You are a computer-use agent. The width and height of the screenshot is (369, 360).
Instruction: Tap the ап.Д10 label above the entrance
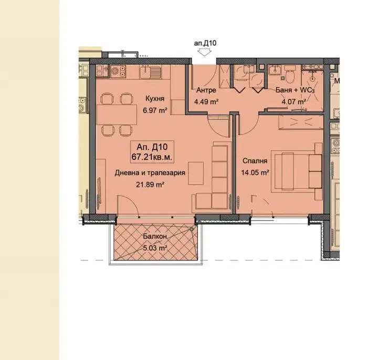pos(205,43)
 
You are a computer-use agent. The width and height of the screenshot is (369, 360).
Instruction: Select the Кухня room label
pos(155,98)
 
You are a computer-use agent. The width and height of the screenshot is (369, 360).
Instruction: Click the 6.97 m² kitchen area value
pos(155,110)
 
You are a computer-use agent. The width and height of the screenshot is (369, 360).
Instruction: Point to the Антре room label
pos(206,90)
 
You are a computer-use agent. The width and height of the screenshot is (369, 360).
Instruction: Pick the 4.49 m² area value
pos(206,102)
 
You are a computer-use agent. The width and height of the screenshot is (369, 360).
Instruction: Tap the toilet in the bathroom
pos(289,75)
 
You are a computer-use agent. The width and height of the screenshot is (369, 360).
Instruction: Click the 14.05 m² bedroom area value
pos(255,173)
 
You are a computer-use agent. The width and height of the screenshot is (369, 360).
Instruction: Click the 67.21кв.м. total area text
pos(152,157)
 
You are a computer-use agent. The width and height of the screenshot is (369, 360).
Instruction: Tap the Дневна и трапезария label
pos(150,173)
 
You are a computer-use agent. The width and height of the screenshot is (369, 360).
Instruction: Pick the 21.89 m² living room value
pos(150,184)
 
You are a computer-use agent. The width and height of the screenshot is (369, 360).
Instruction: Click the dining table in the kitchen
pos(117,115)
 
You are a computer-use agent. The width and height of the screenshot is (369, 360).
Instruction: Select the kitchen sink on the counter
pos(150,71)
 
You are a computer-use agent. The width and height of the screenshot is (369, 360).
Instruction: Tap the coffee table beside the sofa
pos(196,173)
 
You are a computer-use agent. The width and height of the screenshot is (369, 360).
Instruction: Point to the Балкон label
pos(155,236)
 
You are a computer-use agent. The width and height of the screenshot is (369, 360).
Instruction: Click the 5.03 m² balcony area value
pos(155,248)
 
